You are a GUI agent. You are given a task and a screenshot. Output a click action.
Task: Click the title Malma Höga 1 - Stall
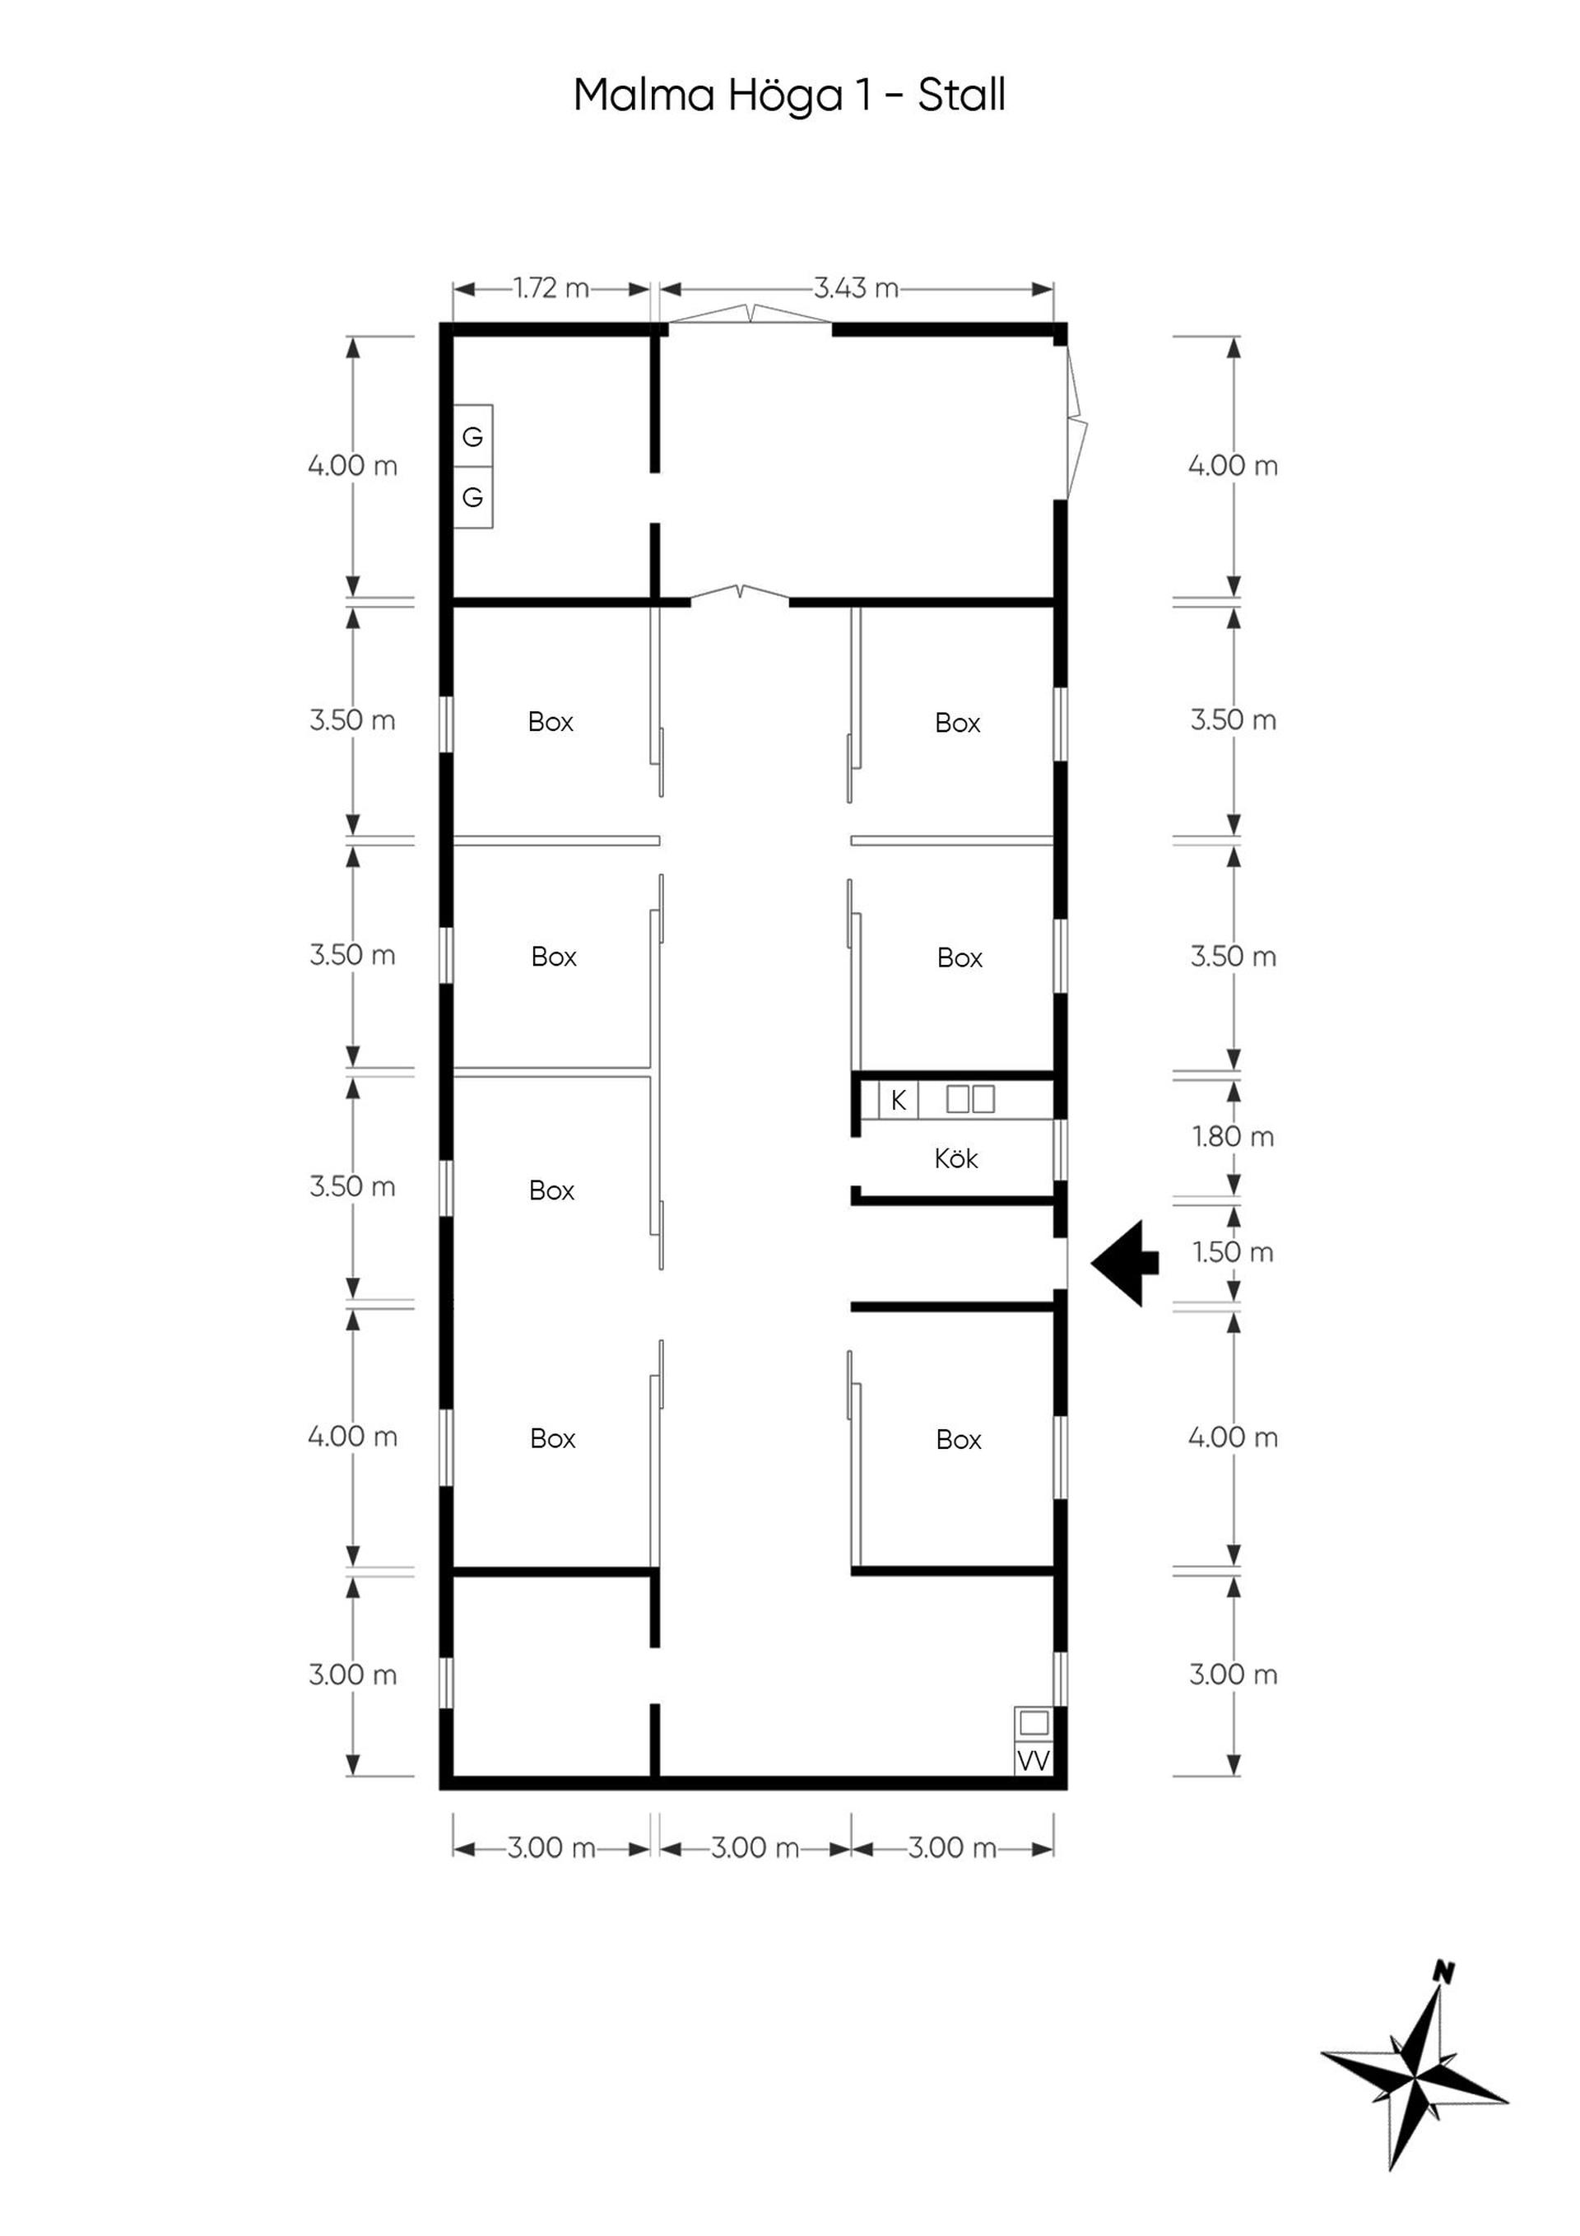coord(788,95)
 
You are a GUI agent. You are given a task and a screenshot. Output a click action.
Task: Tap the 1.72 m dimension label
coord(551,288)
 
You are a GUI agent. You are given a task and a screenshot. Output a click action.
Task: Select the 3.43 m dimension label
coord(856,288)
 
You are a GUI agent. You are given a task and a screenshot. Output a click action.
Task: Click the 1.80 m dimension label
coord(1234,1136)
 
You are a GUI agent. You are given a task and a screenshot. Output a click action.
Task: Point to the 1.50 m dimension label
coord(1234,1251)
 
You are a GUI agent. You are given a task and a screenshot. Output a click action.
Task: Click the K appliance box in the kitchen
coord(899,1101)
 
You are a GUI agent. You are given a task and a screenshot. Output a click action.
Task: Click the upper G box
coord(473,436)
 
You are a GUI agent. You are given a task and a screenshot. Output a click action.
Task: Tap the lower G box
coord(473,497)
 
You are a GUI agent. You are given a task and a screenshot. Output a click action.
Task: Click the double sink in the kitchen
coord(970,1100)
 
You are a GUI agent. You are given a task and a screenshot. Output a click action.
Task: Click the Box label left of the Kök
coord(552,1190)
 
